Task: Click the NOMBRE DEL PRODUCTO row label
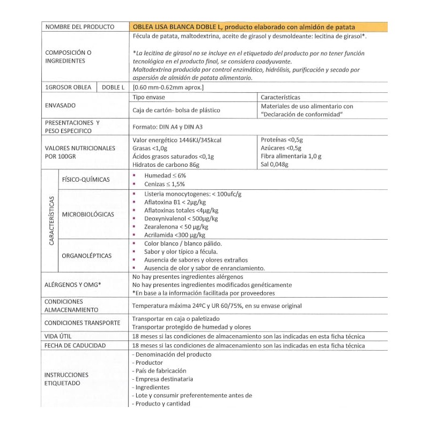[x=80, y=26]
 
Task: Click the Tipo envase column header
[x=149, y=97]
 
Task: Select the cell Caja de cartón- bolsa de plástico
[x=176, y=110]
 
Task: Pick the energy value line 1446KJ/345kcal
[x=176, y=140]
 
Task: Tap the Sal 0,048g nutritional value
[x=274, y=165]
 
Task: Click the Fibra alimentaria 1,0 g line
[x=291, y=156]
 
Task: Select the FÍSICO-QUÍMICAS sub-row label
[x=86, y=179]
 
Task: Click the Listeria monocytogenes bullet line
[x=193, y=194]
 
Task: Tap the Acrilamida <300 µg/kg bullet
[x=174, y=235]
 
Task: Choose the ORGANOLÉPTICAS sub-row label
[x=87, y=256]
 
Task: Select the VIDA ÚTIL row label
[x=58, y=336]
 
